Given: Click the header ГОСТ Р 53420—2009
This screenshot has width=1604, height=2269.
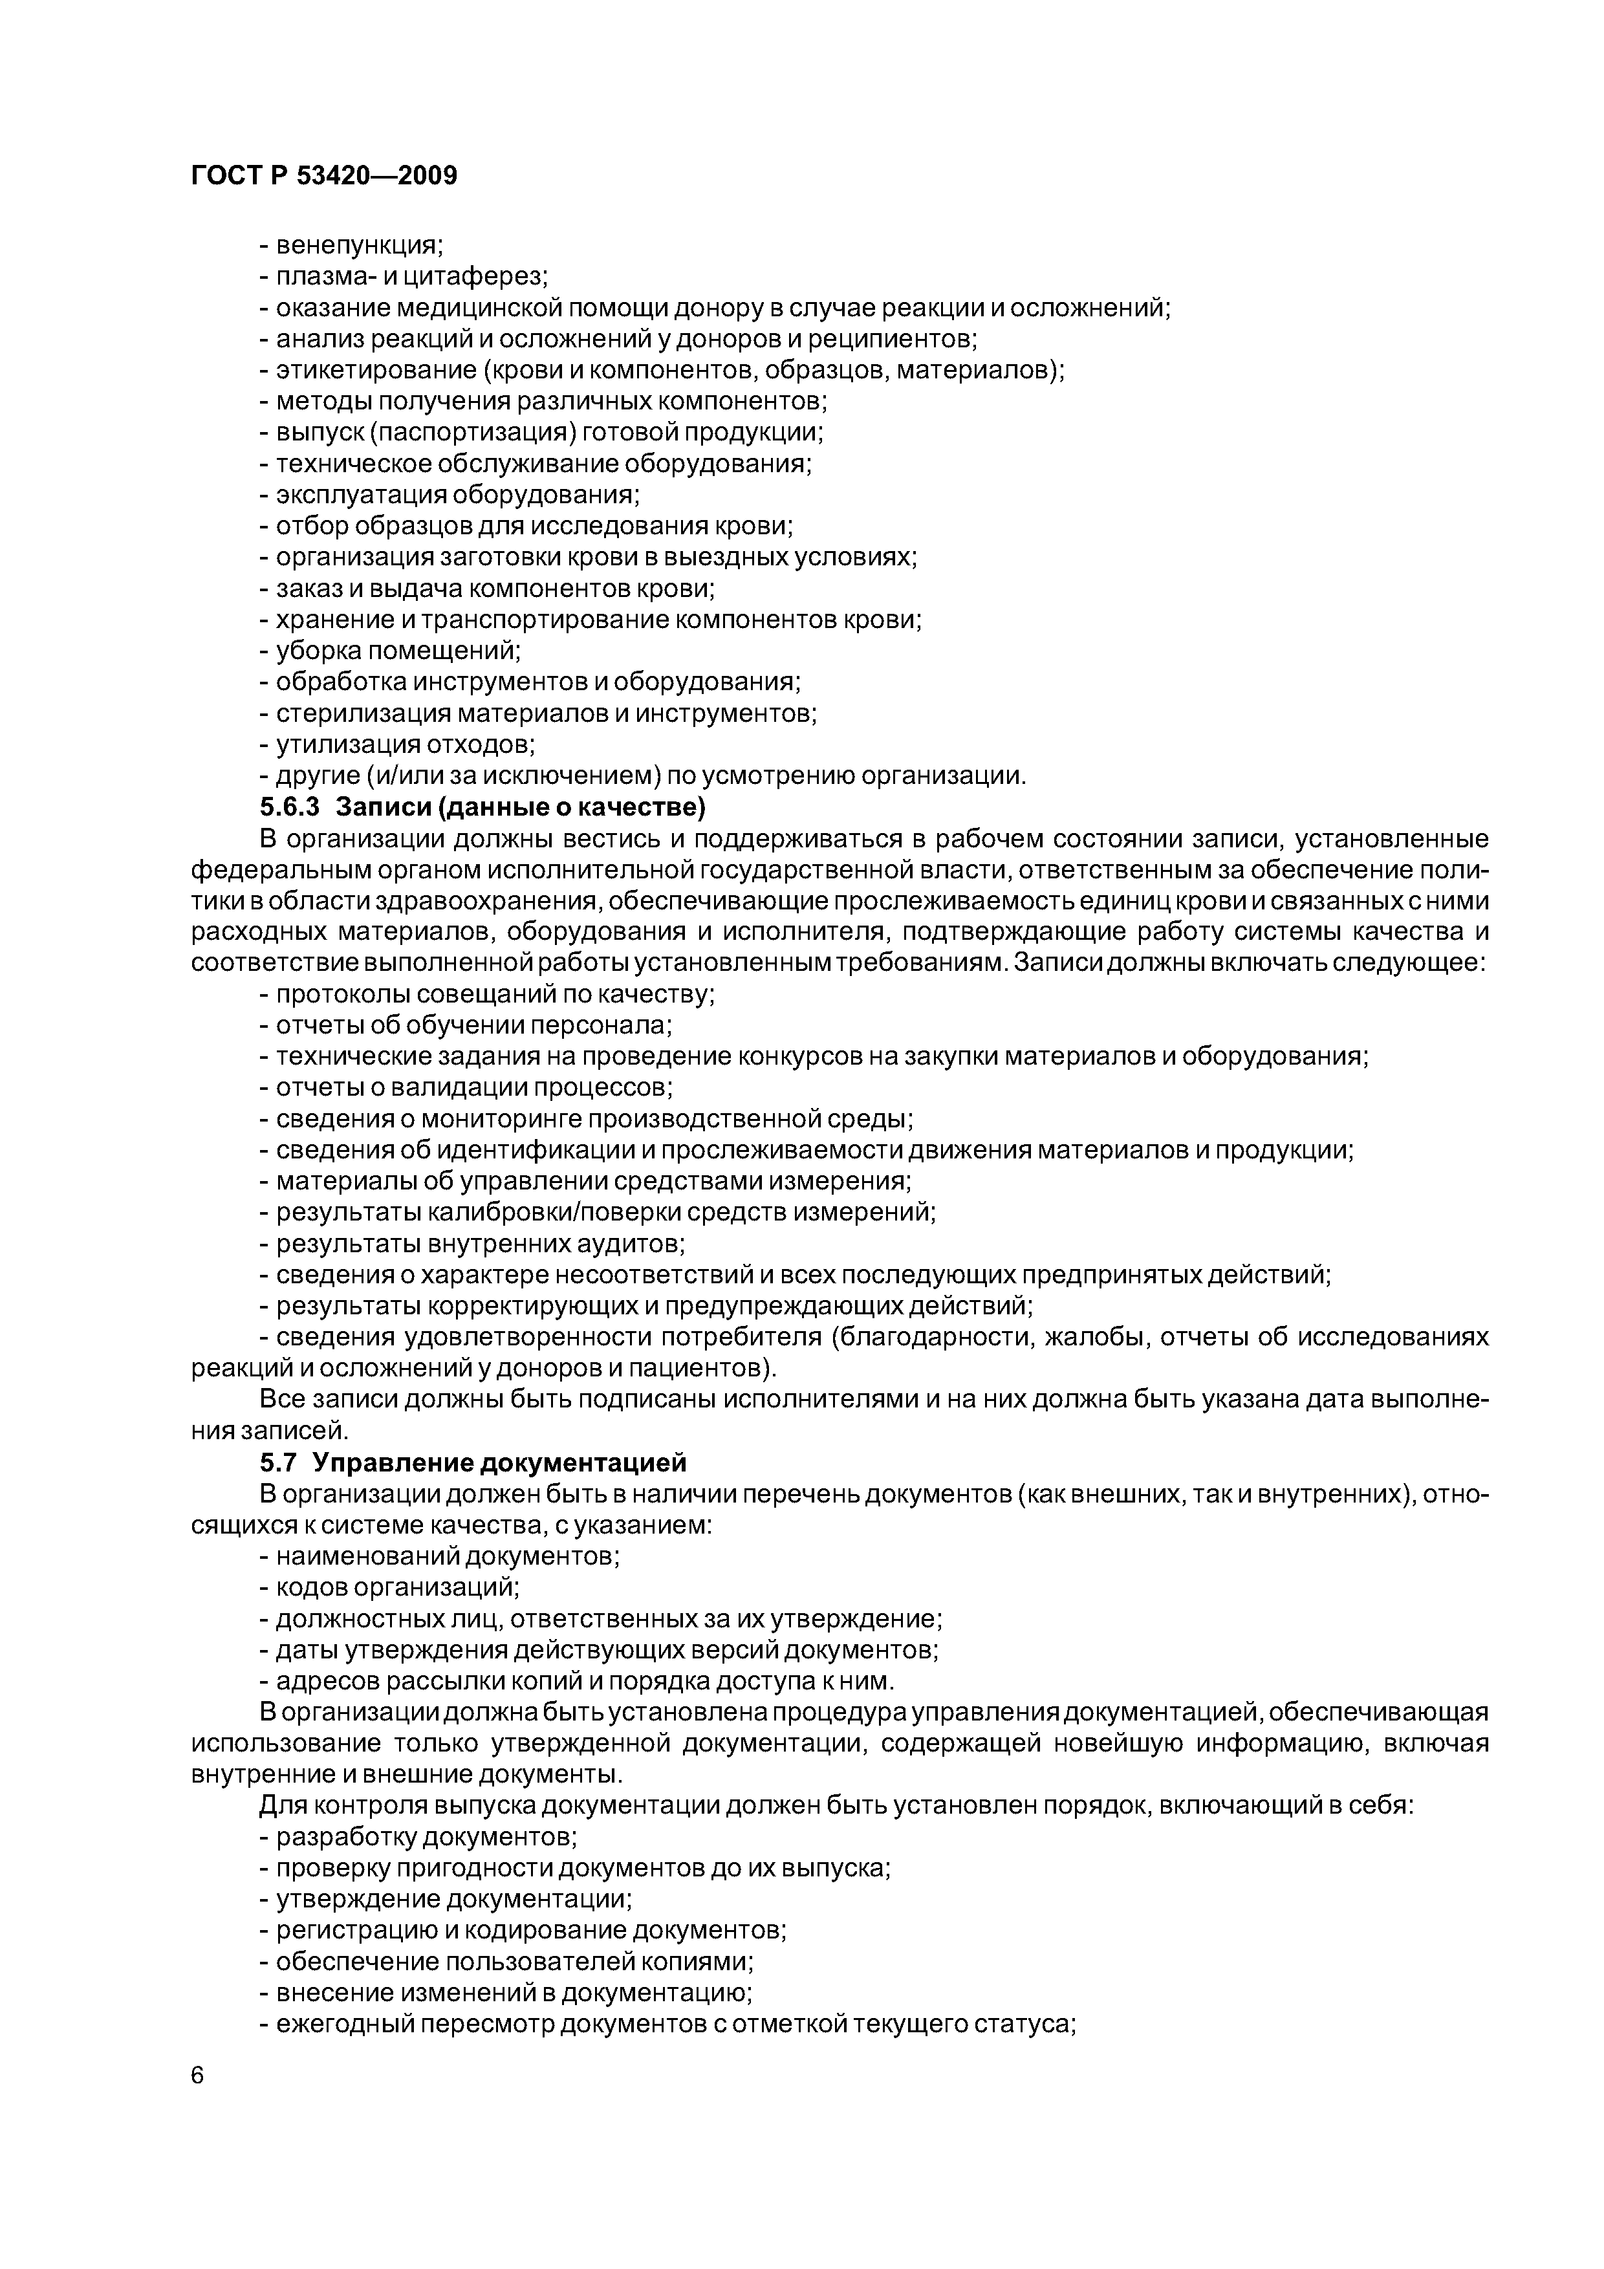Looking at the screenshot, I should tap(324, 177).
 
